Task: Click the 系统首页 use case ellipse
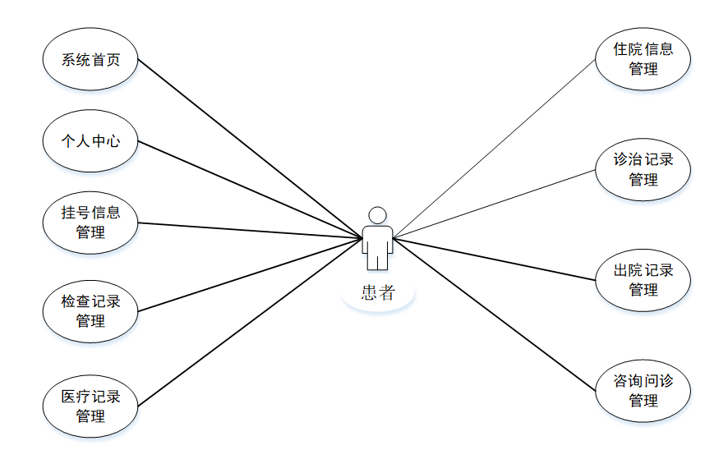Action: pyautogui.click(x=90, y=60)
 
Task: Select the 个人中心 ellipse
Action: pyautogui.click(x=90, y=141)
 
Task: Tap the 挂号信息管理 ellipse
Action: pyautogui.click(x=90, y=223)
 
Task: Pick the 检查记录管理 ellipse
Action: pyautogui.click(x=90, y=311)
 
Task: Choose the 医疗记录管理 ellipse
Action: pyautogui.click(x=90, y=406)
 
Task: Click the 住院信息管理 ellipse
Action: pyautogui.click(x=643, y=59)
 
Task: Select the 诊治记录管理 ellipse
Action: pyautogui.click(x=643, y=169)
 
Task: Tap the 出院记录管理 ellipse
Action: pyautogui.click(x=643, y=280)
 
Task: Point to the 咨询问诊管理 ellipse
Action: pyautogui.click(x=643, y=391)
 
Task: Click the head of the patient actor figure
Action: pyautogui.click(x=377, y=215)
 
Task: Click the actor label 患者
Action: pyautogui.click(x=377, y=293)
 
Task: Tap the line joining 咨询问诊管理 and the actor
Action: pyautogui.click(x=493, y=313)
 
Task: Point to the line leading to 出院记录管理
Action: pyautogui.click(x=493, y=259)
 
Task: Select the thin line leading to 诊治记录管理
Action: pyautogui.click(x=493, y=204)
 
